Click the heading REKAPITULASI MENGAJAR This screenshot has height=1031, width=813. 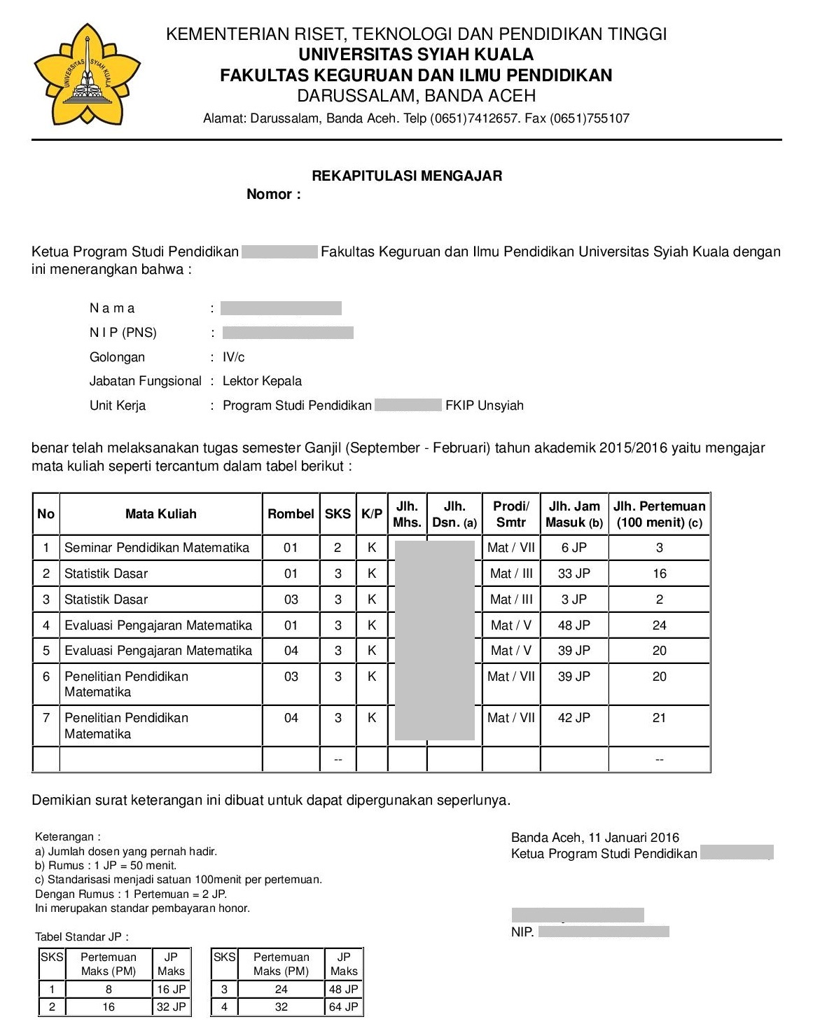407,176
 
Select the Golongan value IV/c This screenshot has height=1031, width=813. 234,357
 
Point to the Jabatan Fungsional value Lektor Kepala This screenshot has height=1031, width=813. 262,381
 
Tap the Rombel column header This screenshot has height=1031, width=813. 291,514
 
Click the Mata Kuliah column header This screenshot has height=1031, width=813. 160,514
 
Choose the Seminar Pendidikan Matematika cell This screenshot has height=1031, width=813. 157,548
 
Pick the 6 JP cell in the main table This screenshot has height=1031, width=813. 574,548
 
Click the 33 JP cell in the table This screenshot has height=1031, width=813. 574,574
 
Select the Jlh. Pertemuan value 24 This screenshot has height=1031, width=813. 659,625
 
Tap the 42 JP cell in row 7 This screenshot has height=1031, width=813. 574,718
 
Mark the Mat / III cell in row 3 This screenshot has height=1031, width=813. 511,600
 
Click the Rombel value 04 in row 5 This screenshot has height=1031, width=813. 291,651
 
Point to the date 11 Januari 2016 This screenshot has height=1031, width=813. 634,838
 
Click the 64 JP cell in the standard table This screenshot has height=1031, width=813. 344,1007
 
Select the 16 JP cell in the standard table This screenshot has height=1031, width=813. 171,990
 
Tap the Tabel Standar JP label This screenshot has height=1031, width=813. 82,937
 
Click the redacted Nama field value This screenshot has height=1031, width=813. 281,308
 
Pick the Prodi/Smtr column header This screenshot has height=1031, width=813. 511,514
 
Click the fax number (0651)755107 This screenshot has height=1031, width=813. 590,118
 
